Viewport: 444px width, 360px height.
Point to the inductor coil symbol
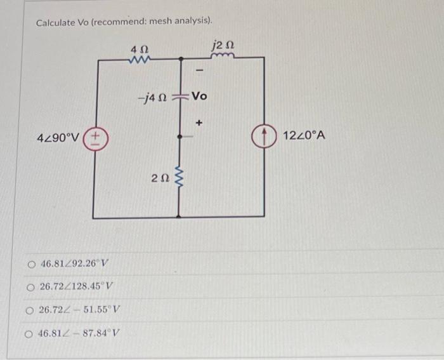tap(225, 57)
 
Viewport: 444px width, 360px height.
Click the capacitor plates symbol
tap(181, 97)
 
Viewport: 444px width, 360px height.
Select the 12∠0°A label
tap(304, 135)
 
